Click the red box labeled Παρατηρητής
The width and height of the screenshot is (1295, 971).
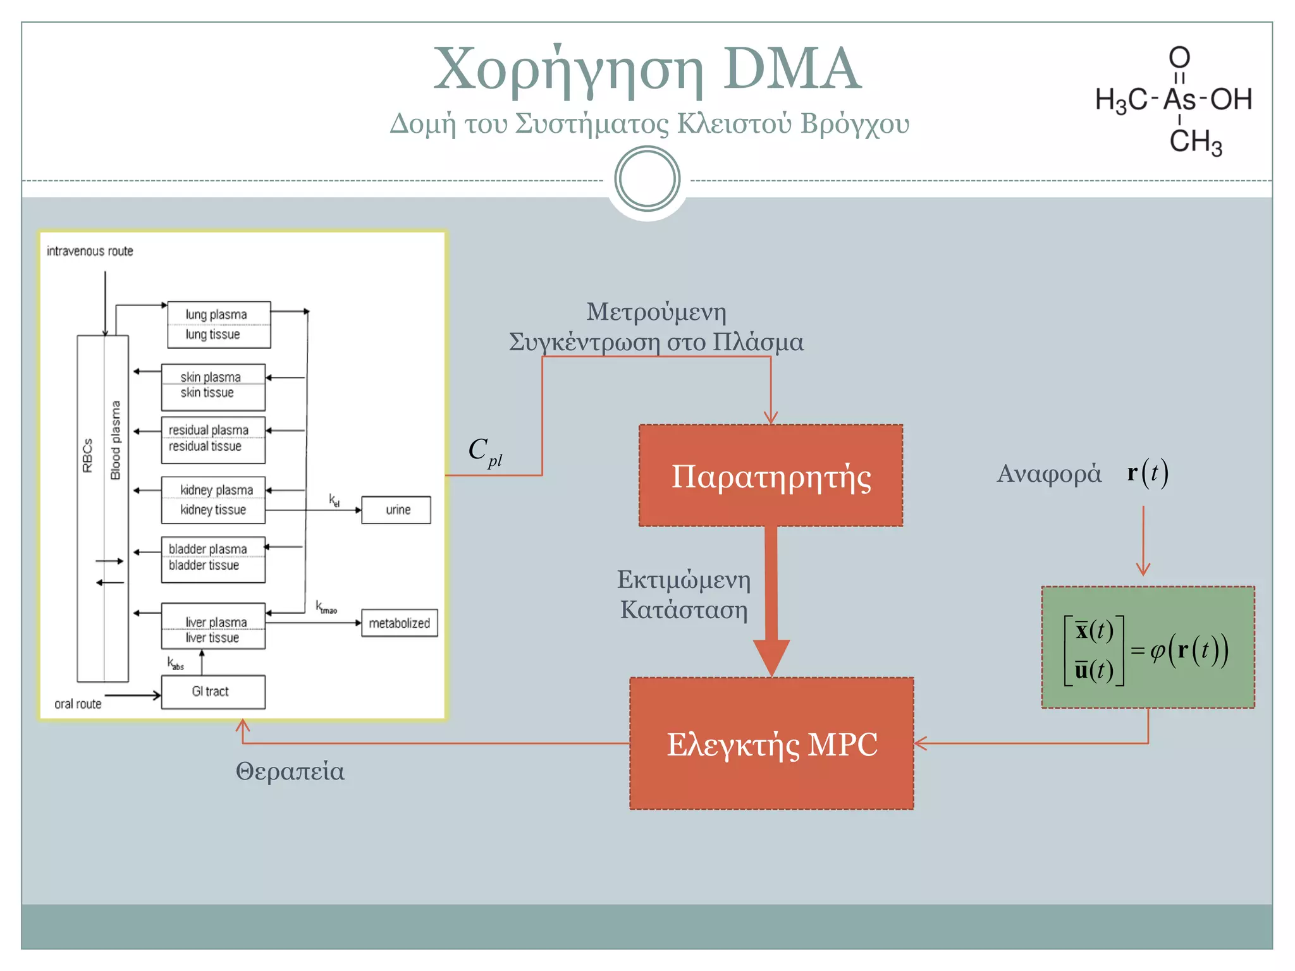770,475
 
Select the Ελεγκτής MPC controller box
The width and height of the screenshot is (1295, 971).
771,743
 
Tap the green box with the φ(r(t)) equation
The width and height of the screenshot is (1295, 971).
1148,647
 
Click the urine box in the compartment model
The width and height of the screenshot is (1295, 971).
396,510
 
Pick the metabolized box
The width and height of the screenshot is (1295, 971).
399,623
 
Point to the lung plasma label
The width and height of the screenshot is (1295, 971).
216,314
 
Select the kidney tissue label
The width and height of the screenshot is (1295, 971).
212,510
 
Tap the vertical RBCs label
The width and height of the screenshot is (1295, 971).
88,455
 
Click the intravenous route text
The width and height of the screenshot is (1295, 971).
90,251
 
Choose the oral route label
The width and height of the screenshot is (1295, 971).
78,704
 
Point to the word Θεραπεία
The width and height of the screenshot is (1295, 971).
290,771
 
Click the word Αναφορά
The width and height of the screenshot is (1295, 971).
1048,473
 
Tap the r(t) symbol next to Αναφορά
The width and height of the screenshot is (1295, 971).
1148,473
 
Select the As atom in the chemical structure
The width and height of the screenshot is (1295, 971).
1179,99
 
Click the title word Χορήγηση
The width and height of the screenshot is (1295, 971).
568,70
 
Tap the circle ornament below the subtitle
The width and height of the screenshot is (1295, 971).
647,179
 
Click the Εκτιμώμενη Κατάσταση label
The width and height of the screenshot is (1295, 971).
684,594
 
